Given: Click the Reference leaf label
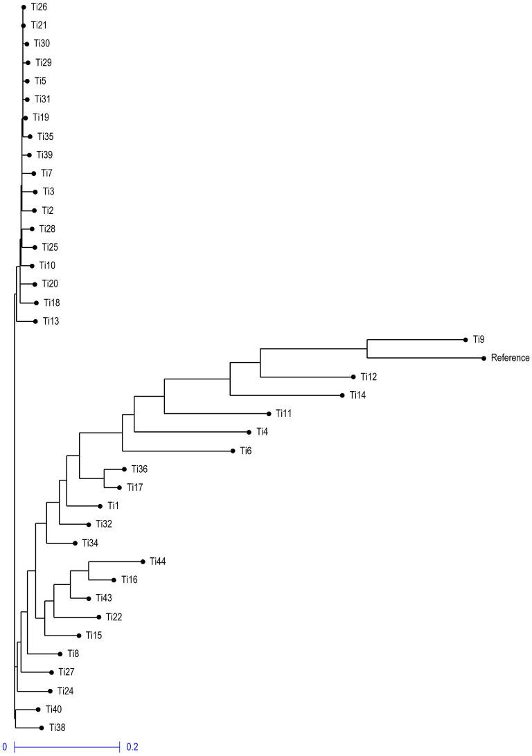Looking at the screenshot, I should [x=510, y=358].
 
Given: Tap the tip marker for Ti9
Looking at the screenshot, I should [x=465, y=339].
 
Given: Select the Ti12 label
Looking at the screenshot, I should [x=368, y=377].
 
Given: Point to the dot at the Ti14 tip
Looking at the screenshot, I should [x=342, y=395].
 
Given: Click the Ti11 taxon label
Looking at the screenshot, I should [x=283, y=413].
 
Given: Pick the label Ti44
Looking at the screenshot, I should [x=157, y=561].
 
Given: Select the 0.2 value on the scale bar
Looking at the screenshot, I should [x=132, y=747].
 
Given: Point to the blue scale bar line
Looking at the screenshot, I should [x=67, y=747].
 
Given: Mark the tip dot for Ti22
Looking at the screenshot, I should [x=98, y=617].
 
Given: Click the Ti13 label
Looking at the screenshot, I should [x=51, y=321].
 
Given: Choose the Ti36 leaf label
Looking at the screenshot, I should [x=139, y=469].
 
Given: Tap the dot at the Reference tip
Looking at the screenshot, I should [x=483, y=358].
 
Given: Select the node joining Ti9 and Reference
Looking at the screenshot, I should [x=366, y=349].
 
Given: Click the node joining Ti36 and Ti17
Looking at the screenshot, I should [x=104, y=478].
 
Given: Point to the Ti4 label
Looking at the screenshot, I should [x=262, y=432].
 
